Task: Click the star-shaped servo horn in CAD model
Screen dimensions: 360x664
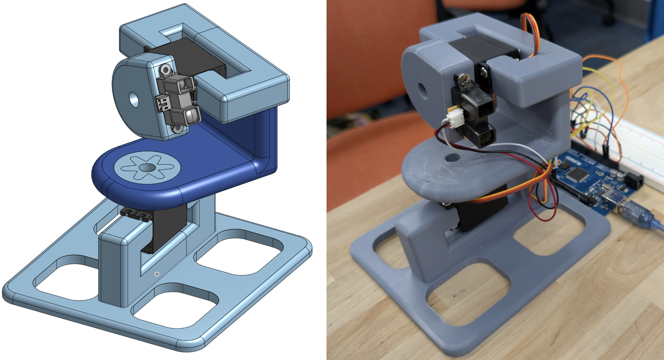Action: [x=147, y=168]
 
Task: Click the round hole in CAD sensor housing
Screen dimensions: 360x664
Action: [x=134, y=99]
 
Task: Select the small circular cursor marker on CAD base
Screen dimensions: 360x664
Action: [x=157, y=274]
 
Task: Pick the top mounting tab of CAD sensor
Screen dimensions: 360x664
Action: [x=166, y=70]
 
